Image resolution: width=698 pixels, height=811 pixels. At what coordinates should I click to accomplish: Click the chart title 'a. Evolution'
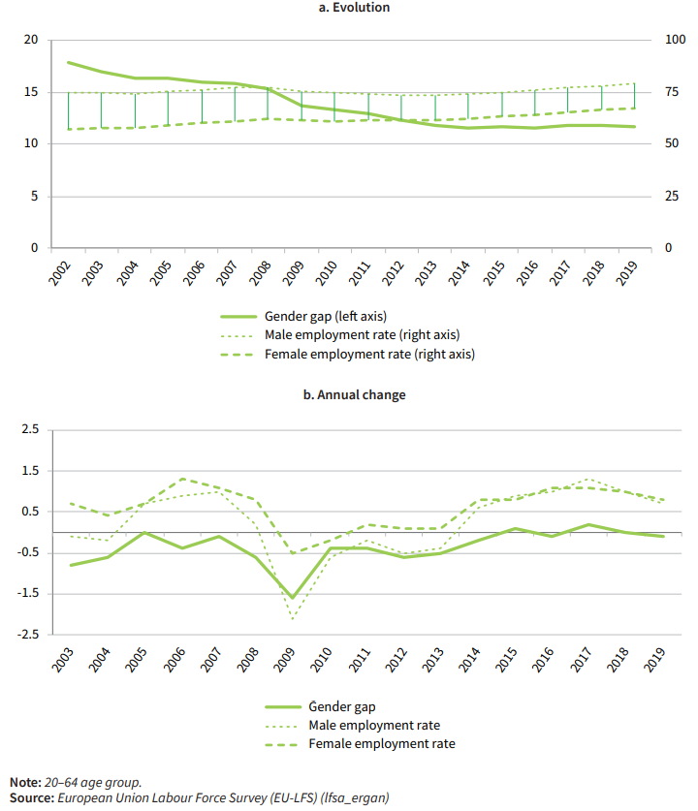pos(349,8)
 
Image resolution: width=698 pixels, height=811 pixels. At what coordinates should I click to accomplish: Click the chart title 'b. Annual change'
pos(349,395)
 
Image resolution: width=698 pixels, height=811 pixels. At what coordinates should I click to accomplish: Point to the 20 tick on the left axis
pos(31,40)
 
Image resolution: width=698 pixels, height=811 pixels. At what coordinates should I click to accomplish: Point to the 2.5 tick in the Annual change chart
pos(30,429)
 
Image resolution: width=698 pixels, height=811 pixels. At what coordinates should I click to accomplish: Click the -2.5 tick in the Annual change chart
pos(28,635)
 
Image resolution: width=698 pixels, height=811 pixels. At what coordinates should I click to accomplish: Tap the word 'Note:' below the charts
pos(25,781)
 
